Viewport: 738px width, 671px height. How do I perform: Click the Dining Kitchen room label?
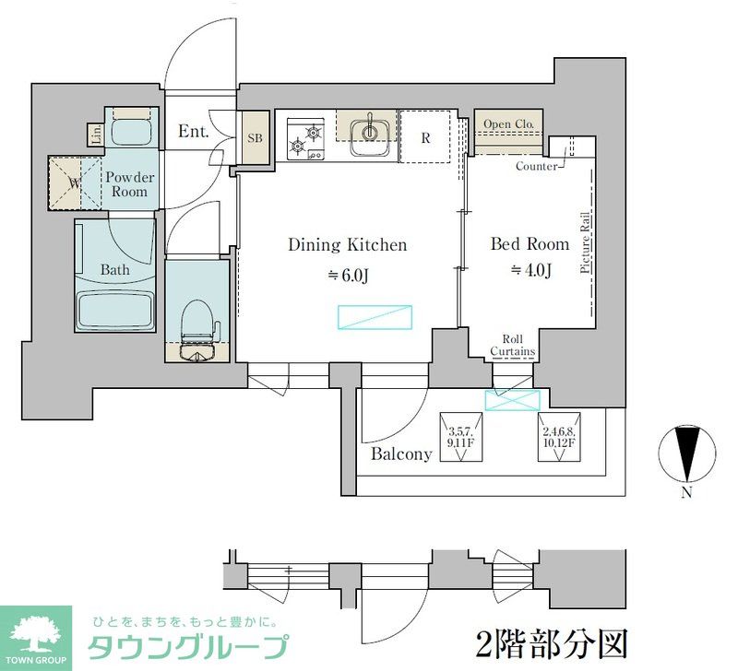tap(347, 244)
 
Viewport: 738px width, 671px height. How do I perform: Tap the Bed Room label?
tap(529, 244)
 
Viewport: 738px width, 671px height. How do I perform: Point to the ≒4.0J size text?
tap(530, 271)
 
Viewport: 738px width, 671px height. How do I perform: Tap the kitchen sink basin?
tap(370, 132)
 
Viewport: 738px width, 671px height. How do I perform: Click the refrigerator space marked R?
tap(426, 137)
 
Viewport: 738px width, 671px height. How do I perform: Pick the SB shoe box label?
tap(254, 138)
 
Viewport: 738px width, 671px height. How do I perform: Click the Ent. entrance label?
tap(194, 133)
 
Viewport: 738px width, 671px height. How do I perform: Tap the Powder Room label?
tap(128, 184)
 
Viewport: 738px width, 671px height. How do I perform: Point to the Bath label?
tap(114, 270)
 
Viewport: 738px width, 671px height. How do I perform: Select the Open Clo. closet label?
tap(509, 124)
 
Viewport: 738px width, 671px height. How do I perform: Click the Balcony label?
tap(401, 453)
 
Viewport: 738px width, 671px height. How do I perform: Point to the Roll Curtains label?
tap(513, 346)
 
